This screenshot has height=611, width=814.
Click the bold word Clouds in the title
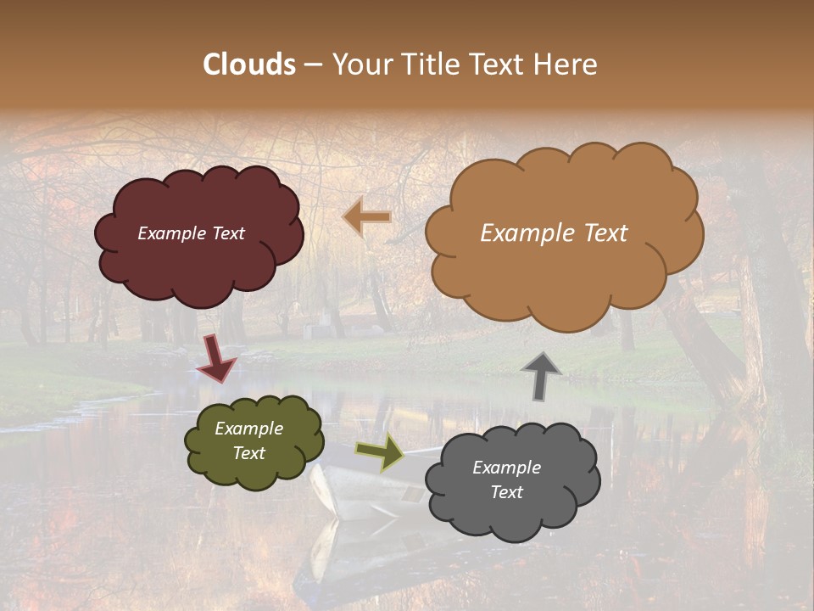point(249,64)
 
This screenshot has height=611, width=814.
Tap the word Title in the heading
point(430,64)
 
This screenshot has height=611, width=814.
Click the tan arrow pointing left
point(367,217)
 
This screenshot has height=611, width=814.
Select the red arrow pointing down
point(216,359)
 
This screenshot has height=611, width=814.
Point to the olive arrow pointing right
point(380,451)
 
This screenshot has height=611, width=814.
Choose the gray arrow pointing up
point(542,375)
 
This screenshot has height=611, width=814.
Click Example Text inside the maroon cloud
point(191,233)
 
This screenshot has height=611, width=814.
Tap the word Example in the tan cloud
point(519,233)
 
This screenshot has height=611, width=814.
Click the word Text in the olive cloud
point(249,453)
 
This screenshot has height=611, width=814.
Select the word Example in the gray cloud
point(506,468)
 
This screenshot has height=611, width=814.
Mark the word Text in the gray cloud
point(506,492)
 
